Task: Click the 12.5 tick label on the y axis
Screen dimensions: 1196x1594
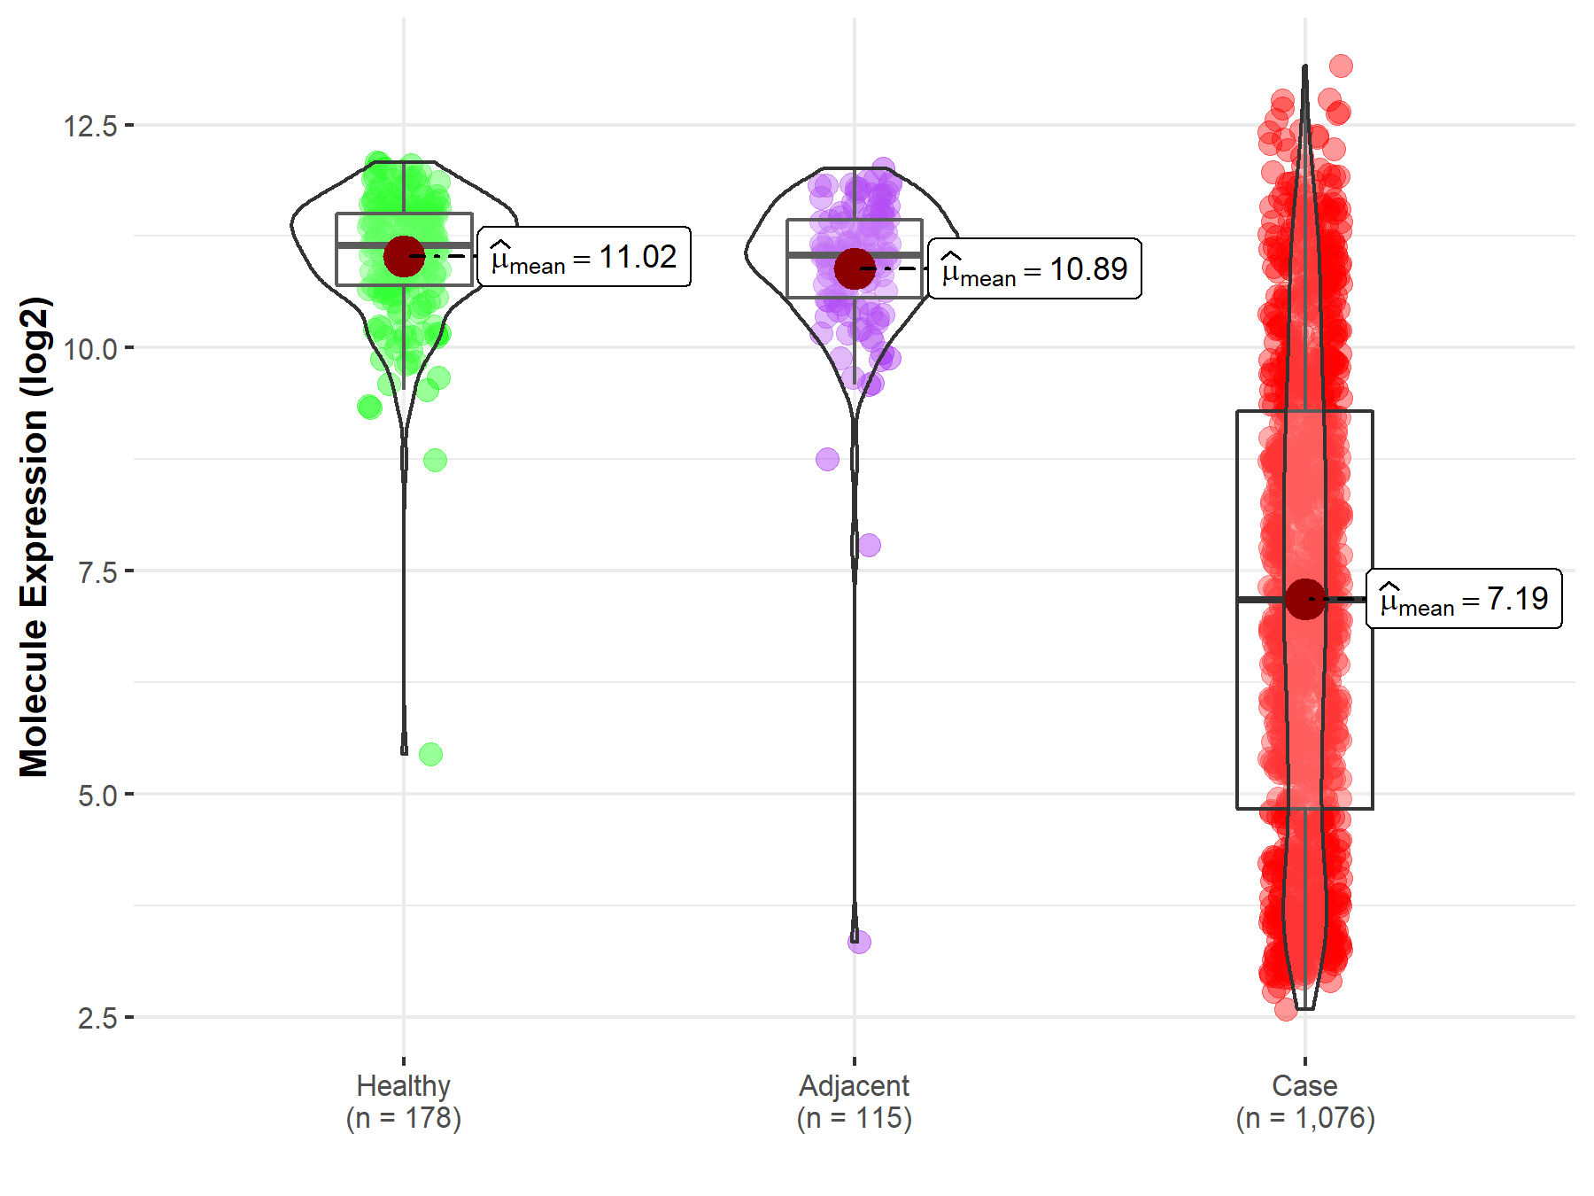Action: (x=90, y=126)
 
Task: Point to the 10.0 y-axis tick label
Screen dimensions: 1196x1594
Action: (x=90, y=349)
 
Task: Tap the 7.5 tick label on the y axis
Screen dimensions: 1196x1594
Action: (x=97, y=572)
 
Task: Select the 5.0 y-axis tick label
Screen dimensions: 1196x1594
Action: (x=97, y=796)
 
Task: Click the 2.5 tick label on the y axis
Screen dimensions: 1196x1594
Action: (x=97, y=1018)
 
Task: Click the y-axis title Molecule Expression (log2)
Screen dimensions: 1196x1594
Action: (x=34, y=537)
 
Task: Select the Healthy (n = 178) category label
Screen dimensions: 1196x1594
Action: (x=404, y=1101)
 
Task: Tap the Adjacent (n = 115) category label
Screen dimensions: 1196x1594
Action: (x=854, y=1101)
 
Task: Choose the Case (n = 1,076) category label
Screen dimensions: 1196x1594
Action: (x=1304, y=1101)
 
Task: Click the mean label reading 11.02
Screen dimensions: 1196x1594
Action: (x=584, y=257)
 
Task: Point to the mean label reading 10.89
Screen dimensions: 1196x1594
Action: (x=1034, y=268)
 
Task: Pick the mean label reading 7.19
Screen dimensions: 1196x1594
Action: (x=1464, y=599)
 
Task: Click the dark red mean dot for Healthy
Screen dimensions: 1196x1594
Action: (x=404, y=256)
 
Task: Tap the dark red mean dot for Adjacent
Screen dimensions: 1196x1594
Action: (x=855, y=268)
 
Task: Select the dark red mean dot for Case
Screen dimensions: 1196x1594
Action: (x=1304, y=600)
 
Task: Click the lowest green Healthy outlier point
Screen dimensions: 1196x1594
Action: (x=430, y=755)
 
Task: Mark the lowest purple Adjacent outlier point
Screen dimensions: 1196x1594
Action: (x=859, y=942)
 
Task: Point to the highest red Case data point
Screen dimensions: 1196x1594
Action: (x=1341, y=66)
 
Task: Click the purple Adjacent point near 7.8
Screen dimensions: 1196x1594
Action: (x=870, y=545)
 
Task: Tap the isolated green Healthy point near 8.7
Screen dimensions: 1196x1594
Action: (x=435, y=460)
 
